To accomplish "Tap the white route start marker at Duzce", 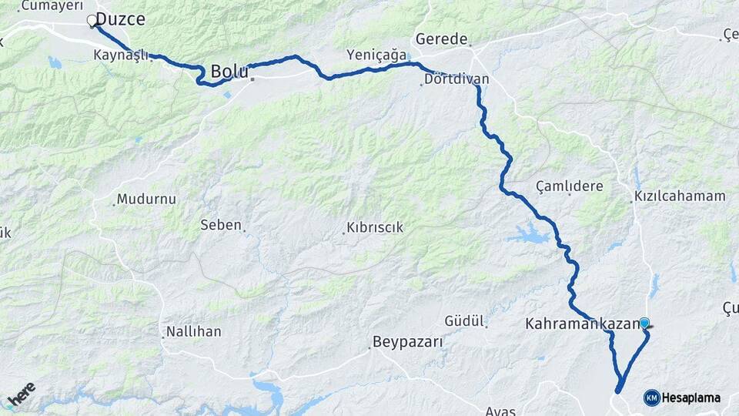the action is click(92, 21).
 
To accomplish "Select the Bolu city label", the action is click(229, 72).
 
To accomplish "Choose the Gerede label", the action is click(441, 39).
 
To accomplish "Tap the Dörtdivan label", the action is click(456, 79).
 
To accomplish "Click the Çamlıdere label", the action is click(570, 186).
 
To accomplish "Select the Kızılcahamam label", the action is click(680, 196).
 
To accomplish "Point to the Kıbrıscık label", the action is click(375, 228).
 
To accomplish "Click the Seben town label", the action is click(221, 225).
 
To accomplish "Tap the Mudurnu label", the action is click(146, 199).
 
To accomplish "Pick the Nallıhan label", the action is click(193, 332).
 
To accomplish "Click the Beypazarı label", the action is click(407, 342).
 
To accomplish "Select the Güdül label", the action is click(464, 320).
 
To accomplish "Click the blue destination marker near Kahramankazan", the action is click(644, 324).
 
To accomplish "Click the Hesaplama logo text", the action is click(691, 398).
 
